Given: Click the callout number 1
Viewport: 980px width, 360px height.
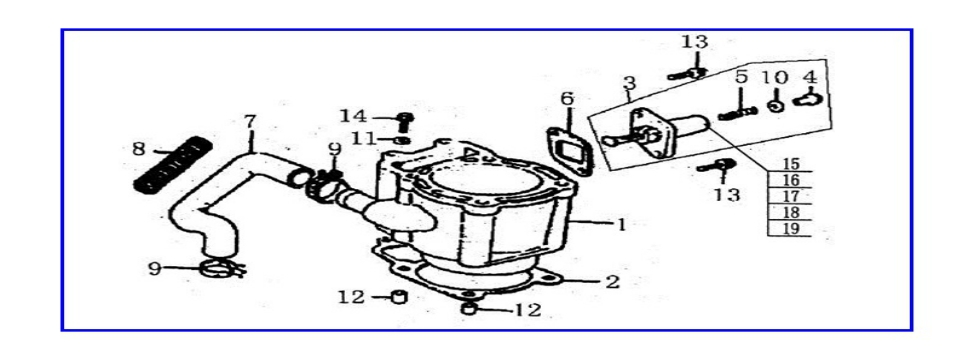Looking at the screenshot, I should click(x=621, y=225).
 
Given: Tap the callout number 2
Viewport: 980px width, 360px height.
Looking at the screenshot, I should click(x=613, y=282).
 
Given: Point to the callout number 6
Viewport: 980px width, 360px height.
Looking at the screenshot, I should click(x=567, y=99).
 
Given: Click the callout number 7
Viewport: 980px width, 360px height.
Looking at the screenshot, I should click(x=250, y=123).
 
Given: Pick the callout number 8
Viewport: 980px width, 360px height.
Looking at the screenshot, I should click(x=138, y=150).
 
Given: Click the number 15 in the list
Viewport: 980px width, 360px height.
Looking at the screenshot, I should click(x=790, y=164).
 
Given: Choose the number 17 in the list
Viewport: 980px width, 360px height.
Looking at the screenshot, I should click(x=790, y=196).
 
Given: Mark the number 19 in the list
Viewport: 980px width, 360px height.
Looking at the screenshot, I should click(x=790, y=228).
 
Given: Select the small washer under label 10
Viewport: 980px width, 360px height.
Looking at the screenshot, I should click(x=775, y=104).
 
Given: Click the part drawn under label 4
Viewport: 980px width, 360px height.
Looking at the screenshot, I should click(x=808, y=99).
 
